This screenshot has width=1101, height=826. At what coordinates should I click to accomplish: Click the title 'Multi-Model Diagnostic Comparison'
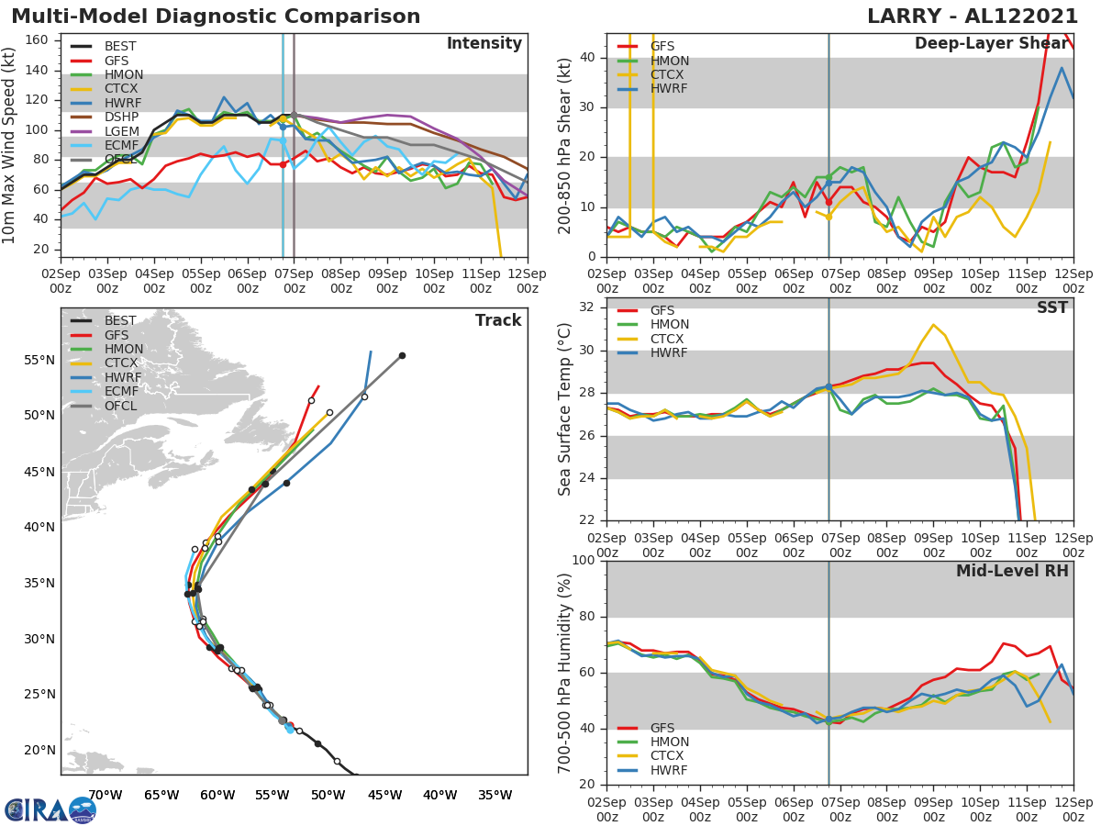216,17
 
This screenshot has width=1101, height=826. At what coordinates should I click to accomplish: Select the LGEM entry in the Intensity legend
123,132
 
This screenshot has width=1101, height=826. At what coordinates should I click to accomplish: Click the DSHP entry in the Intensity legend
123,117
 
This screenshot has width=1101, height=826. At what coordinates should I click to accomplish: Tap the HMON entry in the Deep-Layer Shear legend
669,61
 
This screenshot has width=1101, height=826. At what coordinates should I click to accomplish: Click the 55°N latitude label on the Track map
39,360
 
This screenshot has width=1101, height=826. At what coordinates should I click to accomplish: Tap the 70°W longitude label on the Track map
106,795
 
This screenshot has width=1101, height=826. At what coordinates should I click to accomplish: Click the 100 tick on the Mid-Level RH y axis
583,561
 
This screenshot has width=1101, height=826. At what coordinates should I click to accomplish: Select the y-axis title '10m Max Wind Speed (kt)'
10,145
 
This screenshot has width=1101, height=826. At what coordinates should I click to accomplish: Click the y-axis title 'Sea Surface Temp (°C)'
564,408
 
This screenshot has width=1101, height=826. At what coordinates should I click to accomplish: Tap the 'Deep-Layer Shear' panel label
991,44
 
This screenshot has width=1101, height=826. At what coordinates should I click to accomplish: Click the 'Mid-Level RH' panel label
1012,571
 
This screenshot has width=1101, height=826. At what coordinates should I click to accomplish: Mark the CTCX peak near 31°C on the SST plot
933,325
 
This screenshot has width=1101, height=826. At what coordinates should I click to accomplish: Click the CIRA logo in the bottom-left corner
50,809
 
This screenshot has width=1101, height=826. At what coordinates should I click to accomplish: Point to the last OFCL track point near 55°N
402,355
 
